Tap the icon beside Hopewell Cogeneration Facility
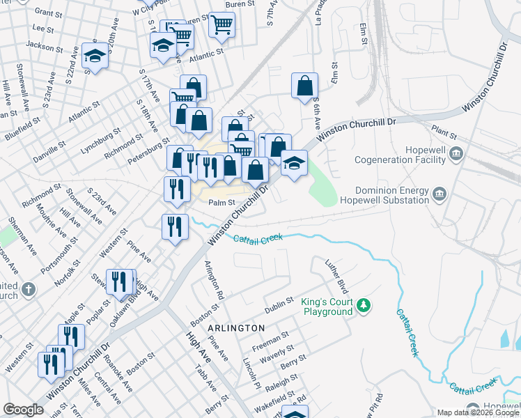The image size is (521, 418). point(456,153)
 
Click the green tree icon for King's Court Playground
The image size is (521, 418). point(363,305)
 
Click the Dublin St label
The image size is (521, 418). point(277,304)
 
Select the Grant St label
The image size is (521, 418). point(48,13)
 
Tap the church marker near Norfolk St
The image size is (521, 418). point(28,288)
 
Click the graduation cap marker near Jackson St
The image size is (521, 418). point(94,57)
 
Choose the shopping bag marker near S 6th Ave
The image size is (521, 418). point(304,86)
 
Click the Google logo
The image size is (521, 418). point(23,410)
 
